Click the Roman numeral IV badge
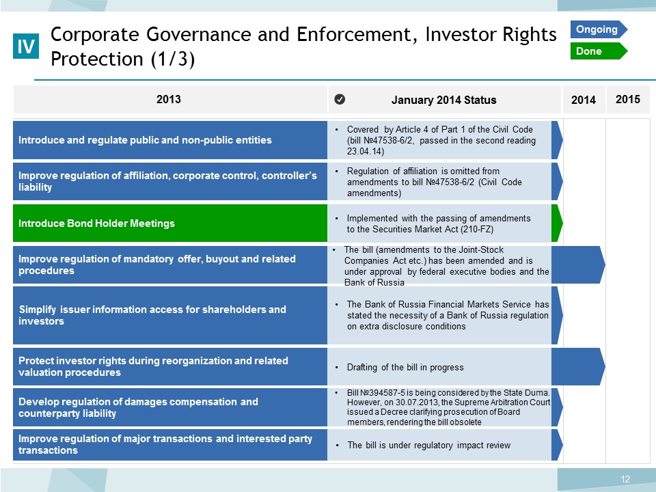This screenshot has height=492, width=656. click(x=26, y=46)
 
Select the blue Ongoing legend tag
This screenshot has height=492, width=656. click(x=599, y=29)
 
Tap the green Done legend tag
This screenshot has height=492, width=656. click(x=599, y=51)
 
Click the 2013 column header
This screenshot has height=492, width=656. click(x=169, y=99)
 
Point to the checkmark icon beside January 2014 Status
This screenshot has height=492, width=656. click(x=340, y=99)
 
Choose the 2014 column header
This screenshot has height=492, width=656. click(x=583, y=100)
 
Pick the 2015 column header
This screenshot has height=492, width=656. click(x=627, y=99)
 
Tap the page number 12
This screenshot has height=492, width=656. click(x=625, y=479)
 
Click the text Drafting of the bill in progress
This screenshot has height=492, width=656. click(x=405, y=368)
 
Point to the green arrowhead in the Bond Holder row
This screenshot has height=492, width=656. click(x=558, y=223)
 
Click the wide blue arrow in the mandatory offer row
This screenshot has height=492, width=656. click(x=578, y=265)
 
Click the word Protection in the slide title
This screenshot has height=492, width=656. click(x=96, y=59)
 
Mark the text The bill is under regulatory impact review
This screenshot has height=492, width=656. click(x=429, y=445)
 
